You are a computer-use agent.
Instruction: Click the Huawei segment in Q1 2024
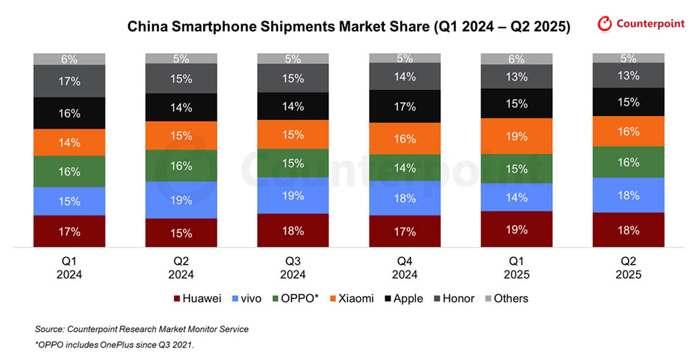tap(69, 231)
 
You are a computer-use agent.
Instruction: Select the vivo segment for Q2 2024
tap(181, 200)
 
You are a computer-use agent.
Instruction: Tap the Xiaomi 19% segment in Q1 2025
tap(517, 136)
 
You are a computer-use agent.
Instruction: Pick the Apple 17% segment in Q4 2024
tap(405, 106)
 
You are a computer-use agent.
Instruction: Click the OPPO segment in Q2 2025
tap(628, 162)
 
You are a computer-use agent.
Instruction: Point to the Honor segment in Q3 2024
tap(293, 78)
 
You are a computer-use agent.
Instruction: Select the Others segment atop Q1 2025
tap(517, 59)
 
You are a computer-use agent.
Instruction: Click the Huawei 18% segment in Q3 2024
tap(293, 230)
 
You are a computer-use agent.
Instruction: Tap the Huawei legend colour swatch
tap(178, 299)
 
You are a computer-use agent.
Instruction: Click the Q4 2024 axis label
tap(405, 267)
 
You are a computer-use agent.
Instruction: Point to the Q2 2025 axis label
tap(628, 267)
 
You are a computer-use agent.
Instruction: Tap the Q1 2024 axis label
tap(69, 267)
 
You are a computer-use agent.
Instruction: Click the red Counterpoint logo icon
tap(605, 25)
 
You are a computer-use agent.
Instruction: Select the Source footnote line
tap(141, 329)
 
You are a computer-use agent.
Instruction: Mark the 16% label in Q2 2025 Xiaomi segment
tap(628, 132)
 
